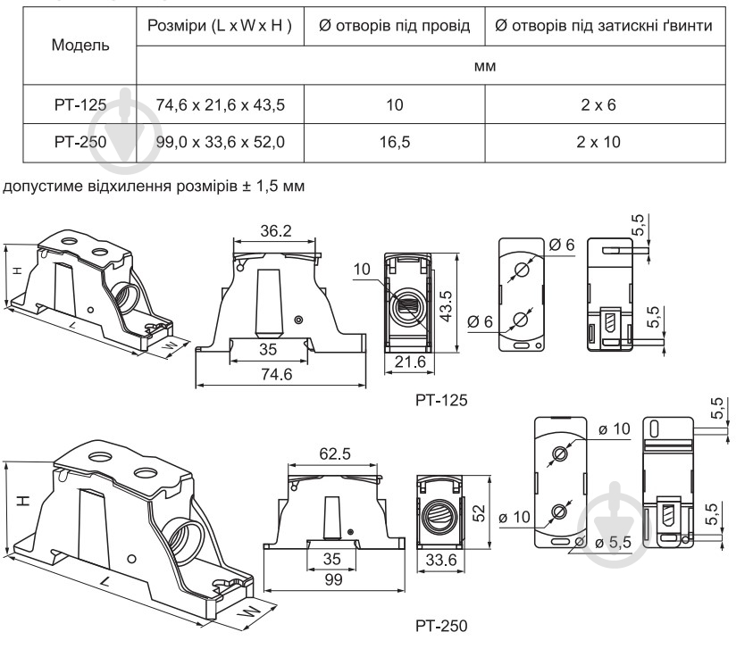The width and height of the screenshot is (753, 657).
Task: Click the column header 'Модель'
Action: pyautogui.click(x=81, y=45)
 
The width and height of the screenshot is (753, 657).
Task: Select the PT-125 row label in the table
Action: pyautogui.click(x=81, y=105)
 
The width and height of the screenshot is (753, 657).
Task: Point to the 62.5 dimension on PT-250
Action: pyautogui.click(x=335, y=453)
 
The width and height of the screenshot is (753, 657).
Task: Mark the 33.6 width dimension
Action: pyautogui.click(x=438, y=561)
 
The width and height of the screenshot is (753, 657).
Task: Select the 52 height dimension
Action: pyautogui.click(x=477, y=514)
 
